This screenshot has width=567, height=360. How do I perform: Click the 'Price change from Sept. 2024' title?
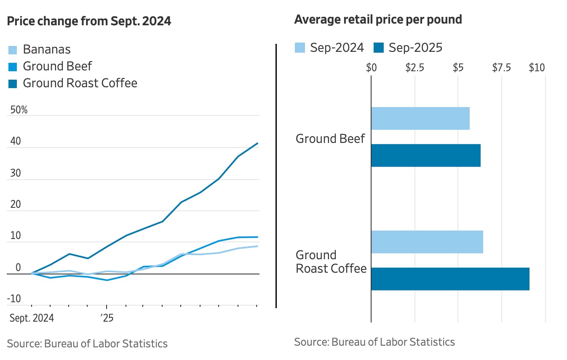coord(89,21)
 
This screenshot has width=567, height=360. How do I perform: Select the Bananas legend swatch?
coord(13,50)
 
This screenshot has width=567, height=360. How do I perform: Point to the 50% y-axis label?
coord(19,110)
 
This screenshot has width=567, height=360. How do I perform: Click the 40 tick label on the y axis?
coord(15,142)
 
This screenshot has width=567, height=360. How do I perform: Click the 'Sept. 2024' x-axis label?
coord(32,318)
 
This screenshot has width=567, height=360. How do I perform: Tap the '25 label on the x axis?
coord(107,318)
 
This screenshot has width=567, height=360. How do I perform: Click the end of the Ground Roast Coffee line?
coord(257,143)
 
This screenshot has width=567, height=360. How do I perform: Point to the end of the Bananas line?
coord(257,246)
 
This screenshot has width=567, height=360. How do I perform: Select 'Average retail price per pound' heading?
coord(378,19)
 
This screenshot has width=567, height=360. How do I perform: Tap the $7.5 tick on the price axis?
coord(501,68)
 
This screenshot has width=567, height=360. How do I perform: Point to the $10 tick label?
coord(537,68)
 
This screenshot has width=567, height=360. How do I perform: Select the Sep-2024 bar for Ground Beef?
coord(420,118)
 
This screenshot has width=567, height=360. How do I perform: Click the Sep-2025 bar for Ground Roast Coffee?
coord(450,279)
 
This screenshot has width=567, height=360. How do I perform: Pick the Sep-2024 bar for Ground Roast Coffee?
coord(427,242)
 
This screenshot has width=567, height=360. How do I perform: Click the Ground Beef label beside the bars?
coord(330,139)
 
